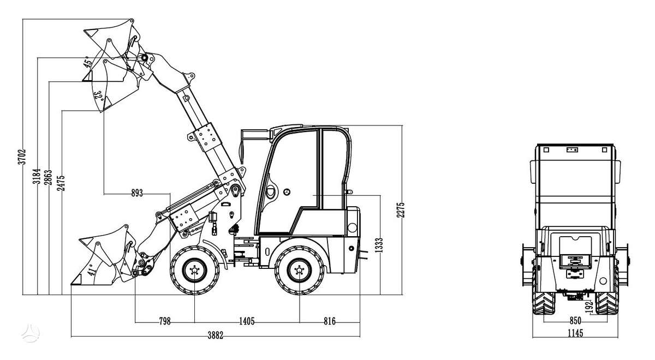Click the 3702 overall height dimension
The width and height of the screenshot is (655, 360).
pyautogui.click(x=22, y=157)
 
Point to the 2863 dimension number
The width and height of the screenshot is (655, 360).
pyautogui.click(x=48, y=177)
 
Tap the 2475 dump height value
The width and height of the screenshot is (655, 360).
pyautogui.click(x=61, y=183)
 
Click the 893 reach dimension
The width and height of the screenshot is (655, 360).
pyautogui.click(x=137, y=193)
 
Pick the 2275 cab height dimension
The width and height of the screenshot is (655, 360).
pyautogui.click(x=401, y=210)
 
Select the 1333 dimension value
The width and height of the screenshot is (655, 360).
pyautogui.click(x=379, y=245)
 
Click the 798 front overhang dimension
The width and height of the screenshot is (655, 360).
pyautogui.click(x=165, y=321)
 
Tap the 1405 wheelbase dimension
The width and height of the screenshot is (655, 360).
pyautogui.click(x=247, y=321)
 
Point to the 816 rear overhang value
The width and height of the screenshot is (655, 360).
pyautogui.click(x=330, y=321)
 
